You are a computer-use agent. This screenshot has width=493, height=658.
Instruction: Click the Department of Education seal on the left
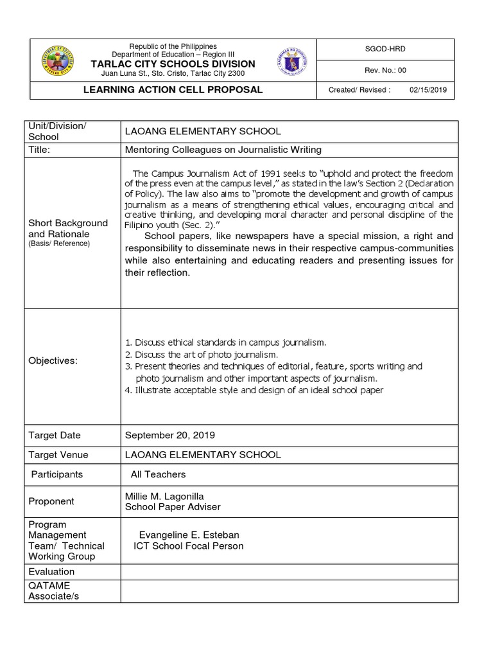pos(57,61)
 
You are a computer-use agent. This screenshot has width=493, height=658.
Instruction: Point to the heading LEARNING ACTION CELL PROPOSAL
pos(173,89)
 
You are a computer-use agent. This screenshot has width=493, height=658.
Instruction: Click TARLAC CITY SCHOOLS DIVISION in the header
pos(173,64)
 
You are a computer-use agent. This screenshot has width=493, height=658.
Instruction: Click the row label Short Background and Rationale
pos(68,228)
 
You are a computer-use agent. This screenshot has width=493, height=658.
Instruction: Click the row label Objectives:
pos(53,360)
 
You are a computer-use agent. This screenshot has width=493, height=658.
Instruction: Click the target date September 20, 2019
pos(170,435)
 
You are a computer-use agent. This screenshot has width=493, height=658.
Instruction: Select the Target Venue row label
pos(58,455)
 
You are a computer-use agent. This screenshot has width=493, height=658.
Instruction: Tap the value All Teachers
pos(158,474)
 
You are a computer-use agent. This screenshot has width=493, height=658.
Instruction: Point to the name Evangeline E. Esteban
pos(189,535)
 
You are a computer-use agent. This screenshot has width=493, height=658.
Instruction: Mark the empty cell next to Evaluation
pos(289,571)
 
